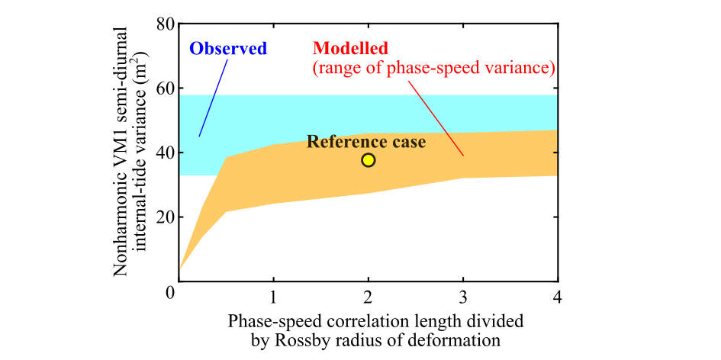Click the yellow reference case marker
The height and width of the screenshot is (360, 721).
(x=369, y=159)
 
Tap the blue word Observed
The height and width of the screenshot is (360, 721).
(x=228, y=49)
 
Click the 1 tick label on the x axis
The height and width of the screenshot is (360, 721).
(x=273, y=294)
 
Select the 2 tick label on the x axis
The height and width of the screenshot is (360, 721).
(x=369, y=294)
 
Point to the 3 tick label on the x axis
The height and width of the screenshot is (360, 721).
(x=463, y=294)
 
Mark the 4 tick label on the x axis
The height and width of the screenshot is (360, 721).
(x=558, y=294)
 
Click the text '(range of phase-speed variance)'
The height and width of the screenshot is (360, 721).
(x=433, y=69)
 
